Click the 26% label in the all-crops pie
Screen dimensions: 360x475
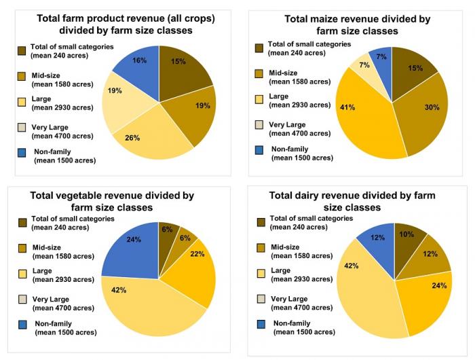click(x=132, y=138)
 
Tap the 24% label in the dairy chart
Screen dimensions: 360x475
click(x=438, y=286)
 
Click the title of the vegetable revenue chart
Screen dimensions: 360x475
click(x=112, y=201)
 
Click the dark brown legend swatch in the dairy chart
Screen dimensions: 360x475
click(x=260, y=222)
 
